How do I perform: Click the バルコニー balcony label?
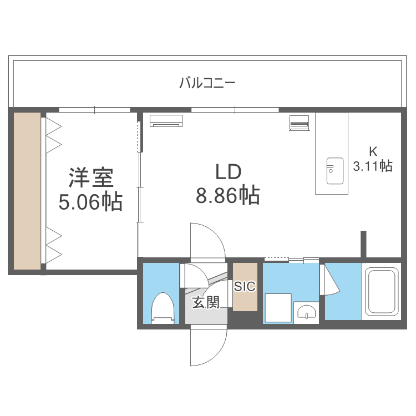coord(207,84)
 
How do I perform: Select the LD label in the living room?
coord(227,173)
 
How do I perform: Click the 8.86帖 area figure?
coord(227,195)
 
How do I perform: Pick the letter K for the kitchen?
coord(373,151)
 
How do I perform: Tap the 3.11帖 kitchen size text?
coord(373,165)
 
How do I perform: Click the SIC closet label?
coord(245,286)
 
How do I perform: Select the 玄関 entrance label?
coord(205,302)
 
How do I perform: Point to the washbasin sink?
coord(305,312)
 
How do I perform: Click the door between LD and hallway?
coord(206,241)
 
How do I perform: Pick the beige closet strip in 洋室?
coord(27,191)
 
